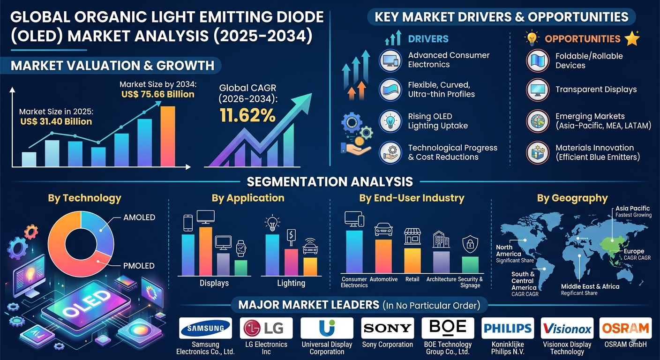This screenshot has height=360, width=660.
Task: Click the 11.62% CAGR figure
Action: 248,115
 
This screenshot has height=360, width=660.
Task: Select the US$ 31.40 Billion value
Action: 56,122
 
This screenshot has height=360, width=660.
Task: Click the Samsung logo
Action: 205,328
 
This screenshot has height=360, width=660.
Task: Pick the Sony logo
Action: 387,328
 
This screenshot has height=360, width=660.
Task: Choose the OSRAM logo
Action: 625,328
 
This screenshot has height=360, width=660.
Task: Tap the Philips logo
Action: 508,328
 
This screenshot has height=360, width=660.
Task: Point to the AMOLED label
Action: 139,217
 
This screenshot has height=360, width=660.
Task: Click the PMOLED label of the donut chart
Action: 139,266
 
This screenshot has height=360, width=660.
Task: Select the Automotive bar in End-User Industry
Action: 383,256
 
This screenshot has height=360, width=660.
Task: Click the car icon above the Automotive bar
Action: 383,230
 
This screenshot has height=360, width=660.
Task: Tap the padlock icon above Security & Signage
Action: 470,244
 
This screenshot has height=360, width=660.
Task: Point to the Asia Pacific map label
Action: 633,208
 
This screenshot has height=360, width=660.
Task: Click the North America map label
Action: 504,250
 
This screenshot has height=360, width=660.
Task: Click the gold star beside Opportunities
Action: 632,39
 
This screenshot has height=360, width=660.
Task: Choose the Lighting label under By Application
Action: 291,283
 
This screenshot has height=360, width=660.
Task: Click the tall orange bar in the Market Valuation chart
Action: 168,136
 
